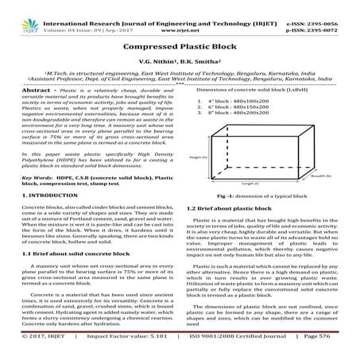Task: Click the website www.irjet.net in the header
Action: tap(180, 14)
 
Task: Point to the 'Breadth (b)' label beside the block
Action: tap(322, 176)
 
